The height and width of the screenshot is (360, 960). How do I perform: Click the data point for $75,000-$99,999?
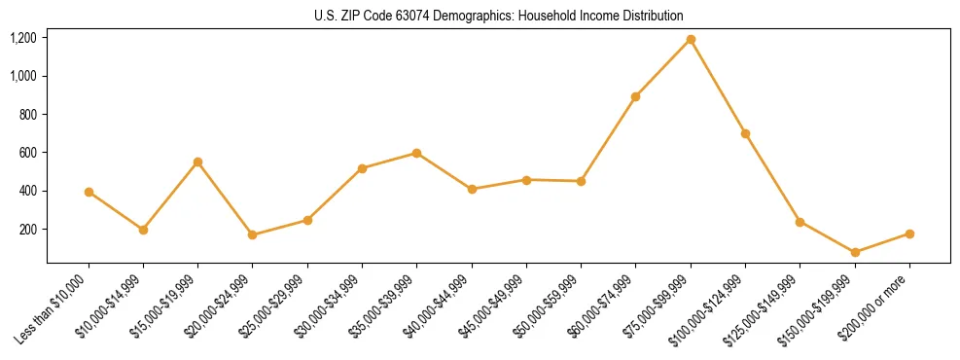point(691,39)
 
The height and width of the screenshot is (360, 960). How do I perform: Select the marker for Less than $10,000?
point(89,192)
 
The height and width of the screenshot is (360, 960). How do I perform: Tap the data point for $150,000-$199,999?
point(855,252)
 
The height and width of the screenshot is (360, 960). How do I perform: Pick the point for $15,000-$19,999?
point(198,162)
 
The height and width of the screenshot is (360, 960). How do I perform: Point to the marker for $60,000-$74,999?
point(636,96)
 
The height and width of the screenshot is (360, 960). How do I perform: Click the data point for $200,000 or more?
point(909,234)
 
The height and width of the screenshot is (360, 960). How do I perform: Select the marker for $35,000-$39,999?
point(417,153)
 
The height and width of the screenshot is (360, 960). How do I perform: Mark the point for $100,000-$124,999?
point(745,133)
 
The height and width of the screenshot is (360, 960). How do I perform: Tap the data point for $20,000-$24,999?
point(253,234)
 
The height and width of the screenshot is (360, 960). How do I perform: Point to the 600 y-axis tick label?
point(28,153)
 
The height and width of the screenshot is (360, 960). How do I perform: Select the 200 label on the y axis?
point(28,230)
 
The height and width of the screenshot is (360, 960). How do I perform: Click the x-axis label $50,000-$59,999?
point(551,305)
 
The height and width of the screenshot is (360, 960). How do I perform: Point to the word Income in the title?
point(587,16)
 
